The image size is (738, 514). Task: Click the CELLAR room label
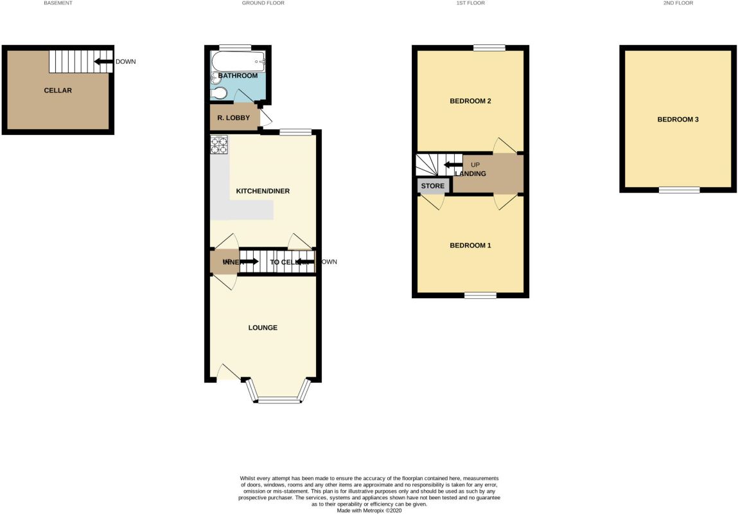58,91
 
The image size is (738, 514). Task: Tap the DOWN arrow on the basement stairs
103,62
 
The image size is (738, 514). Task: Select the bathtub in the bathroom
238,63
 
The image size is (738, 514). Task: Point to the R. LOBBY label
234,118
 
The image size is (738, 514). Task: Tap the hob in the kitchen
219,145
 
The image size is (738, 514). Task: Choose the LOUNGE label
263,328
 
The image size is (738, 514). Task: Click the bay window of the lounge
278,400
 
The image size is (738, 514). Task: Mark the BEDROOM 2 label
470,102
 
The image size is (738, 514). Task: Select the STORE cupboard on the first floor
433,186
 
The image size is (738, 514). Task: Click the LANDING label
471,173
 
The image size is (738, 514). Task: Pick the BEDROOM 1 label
470,245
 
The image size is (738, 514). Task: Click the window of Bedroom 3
679,190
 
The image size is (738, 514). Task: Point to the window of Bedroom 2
489,47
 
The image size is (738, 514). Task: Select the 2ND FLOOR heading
678,3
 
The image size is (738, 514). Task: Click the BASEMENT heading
58,3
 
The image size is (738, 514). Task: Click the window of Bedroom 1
480,296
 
